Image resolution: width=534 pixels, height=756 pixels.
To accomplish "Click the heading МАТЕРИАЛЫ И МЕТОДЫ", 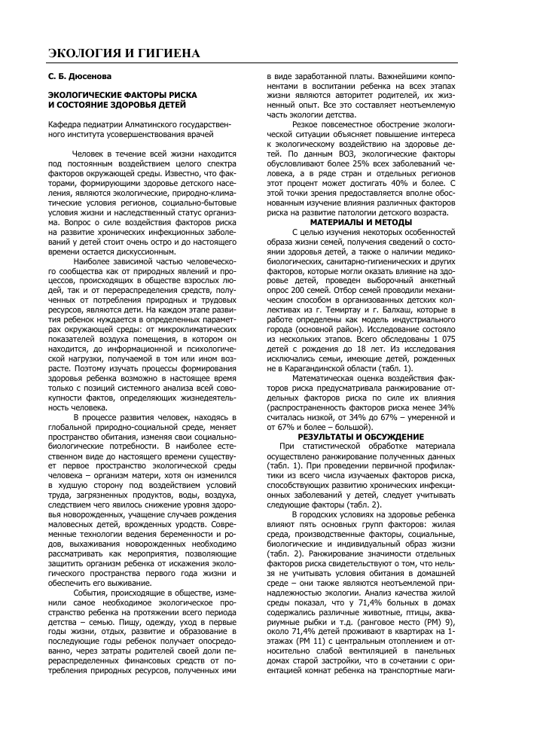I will click(361, 222).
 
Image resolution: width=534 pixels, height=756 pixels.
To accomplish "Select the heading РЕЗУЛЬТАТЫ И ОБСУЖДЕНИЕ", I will click(361, 437).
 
